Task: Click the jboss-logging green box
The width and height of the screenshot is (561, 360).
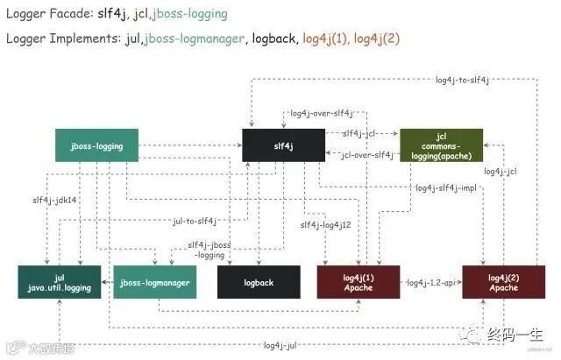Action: (x=96, y=145)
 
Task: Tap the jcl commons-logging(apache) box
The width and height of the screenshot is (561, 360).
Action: (x=441, y=145)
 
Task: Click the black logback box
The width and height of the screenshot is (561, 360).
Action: (x=258, y=282)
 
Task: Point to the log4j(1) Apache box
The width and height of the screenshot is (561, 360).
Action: (x=359, y=282)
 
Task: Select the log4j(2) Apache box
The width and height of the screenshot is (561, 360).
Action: (x=503, y=282)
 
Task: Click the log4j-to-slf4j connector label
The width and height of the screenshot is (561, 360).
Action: (x=462, y=80)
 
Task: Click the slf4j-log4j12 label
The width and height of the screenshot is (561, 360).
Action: (x=325, y=225)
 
